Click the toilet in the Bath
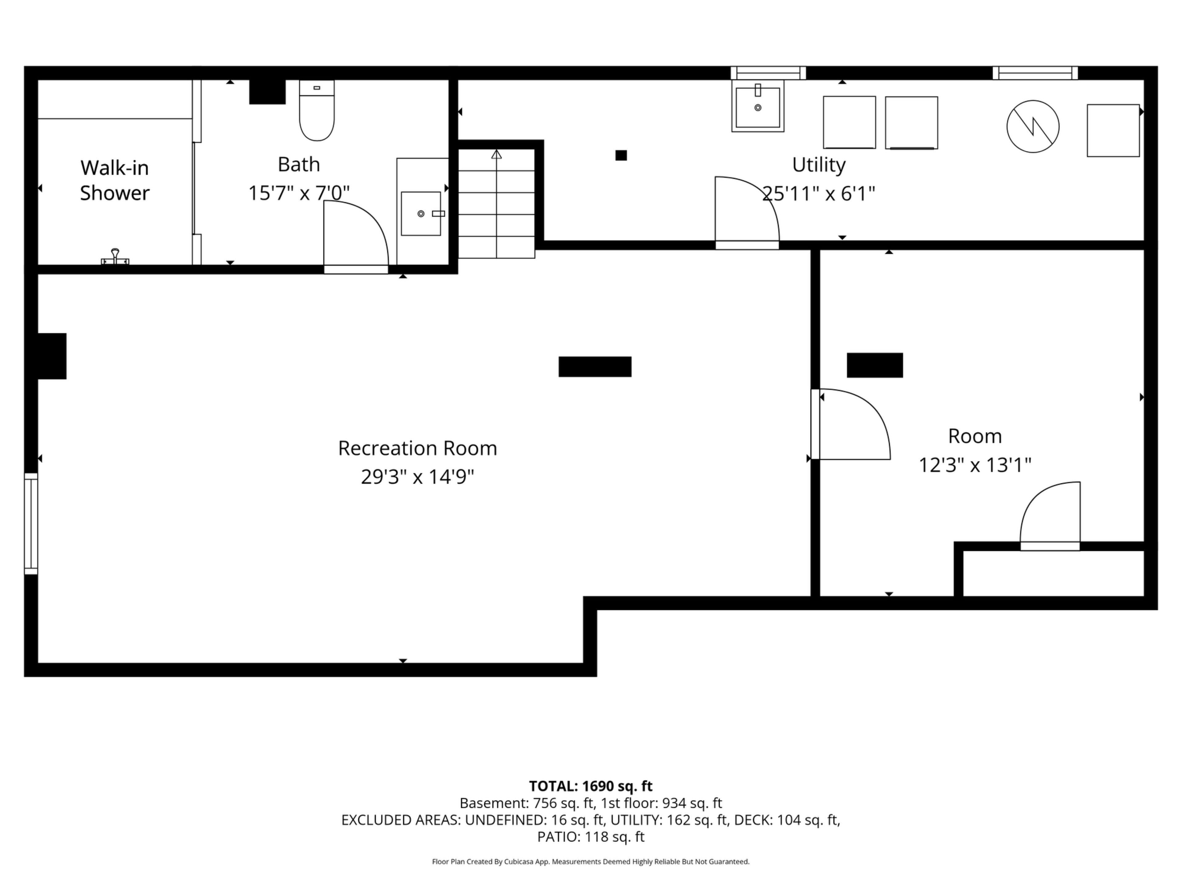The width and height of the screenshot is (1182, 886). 317,110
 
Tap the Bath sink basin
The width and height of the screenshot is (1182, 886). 421,214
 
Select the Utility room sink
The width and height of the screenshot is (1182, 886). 758,106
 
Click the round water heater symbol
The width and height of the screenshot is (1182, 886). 1033,126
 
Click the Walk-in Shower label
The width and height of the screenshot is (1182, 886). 115,181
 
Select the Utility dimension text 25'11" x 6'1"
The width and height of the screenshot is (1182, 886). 819,193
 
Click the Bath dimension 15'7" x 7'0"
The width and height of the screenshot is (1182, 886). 299,193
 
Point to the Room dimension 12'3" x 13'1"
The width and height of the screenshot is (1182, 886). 975,465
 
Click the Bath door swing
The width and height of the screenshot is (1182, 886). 356,238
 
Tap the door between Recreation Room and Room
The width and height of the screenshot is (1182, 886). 851,424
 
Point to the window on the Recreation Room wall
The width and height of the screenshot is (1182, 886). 31,524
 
